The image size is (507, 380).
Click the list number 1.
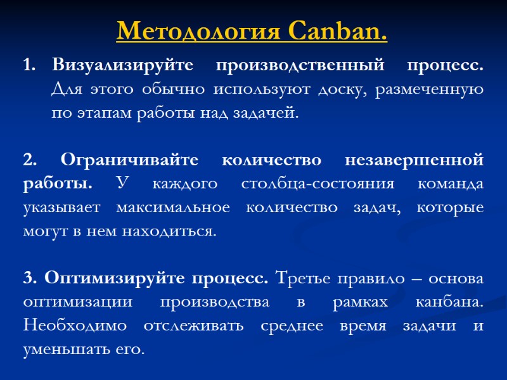click(28, 65)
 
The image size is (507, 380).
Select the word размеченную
click(429, 89)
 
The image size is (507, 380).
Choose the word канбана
click(448, 303)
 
